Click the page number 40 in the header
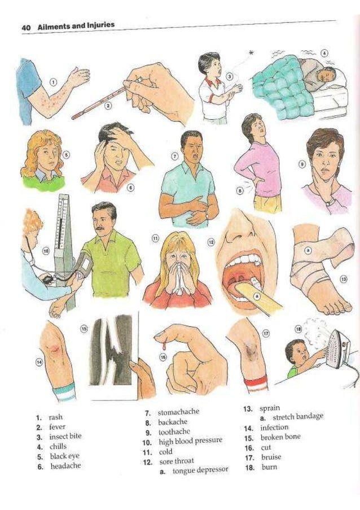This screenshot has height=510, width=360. click(26, 27)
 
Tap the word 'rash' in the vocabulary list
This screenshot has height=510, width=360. click(56, 417)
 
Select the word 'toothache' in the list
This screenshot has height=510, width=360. click(174, 431)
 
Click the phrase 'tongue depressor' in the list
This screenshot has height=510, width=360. click(200, 470)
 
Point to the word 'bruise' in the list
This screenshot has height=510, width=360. click(271, 457)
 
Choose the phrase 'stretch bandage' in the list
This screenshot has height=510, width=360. click(298, 416)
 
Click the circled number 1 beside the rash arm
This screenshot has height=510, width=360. click(53, 82)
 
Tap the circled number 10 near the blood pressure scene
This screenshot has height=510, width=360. click(46, 250)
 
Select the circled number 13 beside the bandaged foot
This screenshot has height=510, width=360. click(343, 279)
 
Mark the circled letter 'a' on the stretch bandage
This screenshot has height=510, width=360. click(308, 249)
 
